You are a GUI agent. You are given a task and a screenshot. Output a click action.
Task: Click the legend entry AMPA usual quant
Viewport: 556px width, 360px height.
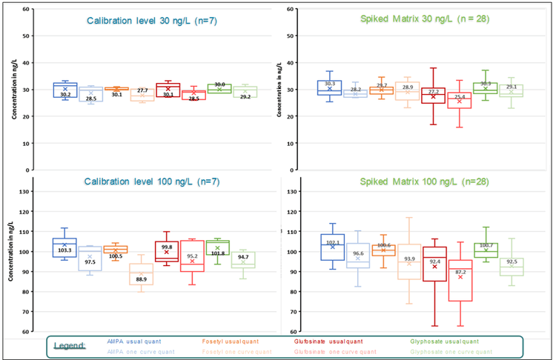pos(134,341)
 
